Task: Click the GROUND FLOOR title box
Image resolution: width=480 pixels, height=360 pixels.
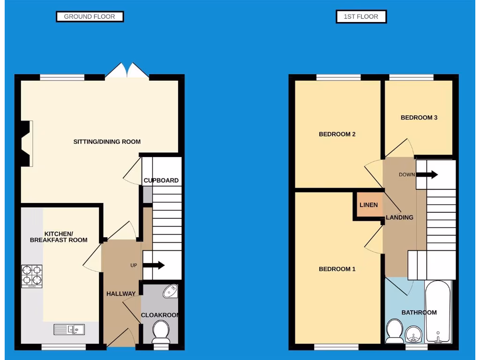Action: point(90,16)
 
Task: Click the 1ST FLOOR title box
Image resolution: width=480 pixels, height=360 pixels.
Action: point(361,16)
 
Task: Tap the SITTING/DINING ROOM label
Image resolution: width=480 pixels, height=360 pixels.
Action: point(107,142)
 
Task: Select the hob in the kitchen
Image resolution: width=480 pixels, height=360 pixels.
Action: point(31,276)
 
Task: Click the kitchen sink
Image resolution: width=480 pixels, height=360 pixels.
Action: point(69,330)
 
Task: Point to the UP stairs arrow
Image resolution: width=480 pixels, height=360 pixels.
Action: point(154,265)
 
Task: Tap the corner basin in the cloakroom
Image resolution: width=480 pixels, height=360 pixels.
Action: point(170,292)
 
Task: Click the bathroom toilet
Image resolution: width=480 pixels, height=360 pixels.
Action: point(393,331)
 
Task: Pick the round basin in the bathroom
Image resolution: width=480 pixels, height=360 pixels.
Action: point(413,335)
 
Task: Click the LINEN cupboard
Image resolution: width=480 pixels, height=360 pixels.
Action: point(368,205)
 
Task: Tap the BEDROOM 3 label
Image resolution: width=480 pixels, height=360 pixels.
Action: point(419,118)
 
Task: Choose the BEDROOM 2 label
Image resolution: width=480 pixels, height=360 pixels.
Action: point(337,134)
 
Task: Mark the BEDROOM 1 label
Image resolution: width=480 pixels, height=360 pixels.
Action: point(337,269)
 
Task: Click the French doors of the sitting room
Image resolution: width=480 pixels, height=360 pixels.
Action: point(127,71)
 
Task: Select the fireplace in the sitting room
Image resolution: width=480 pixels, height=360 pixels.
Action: point(26,143)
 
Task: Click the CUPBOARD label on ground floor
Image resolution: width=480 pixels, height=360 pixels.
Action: point(161,180)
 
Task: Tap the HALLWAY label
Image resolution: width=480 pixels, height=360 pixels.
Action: point(120,294)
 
